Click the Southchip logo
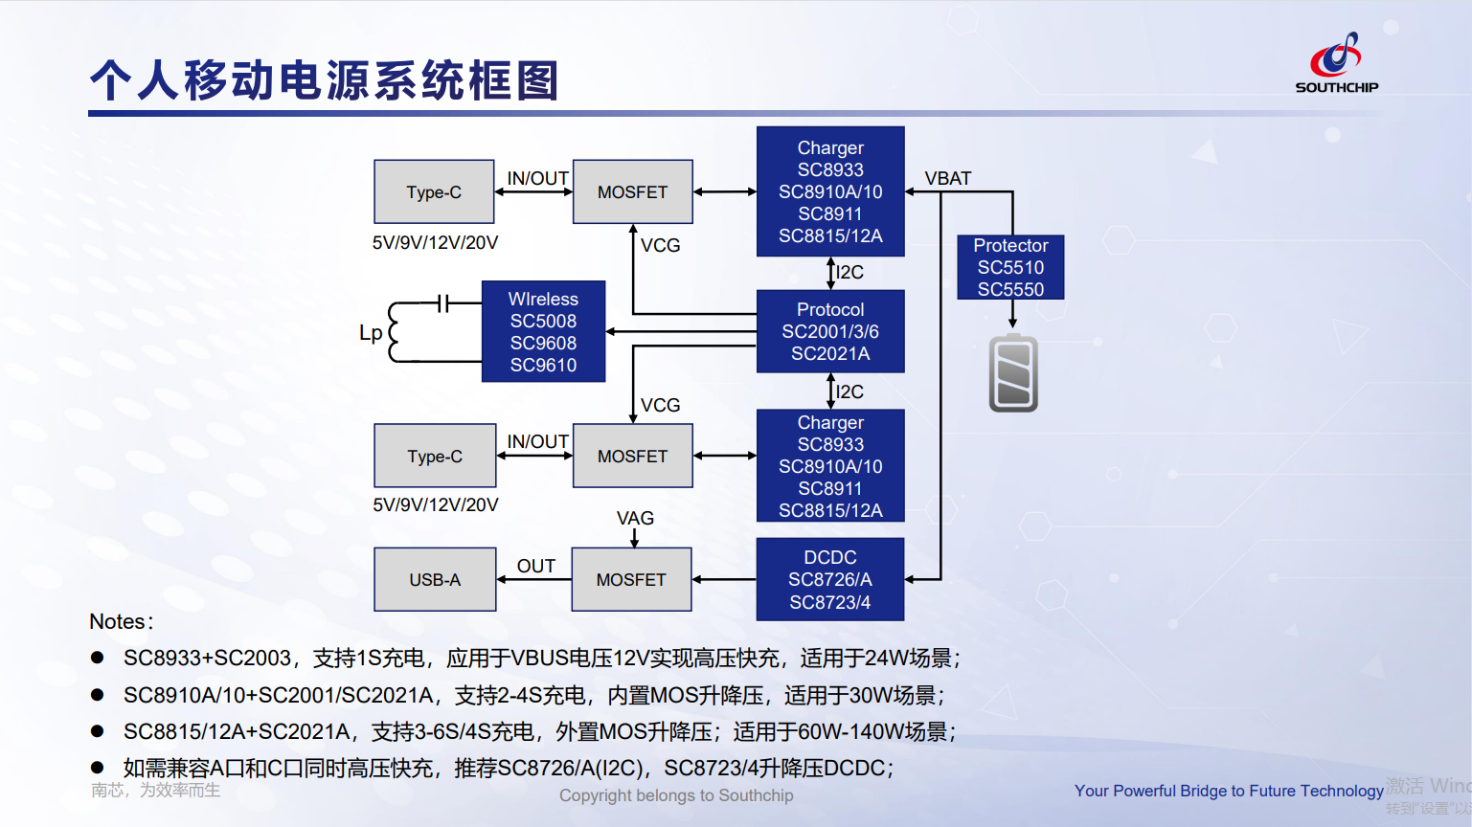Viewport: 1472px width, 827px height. (x=1337, y=62)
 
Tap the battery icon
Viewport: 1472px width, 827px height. (x=1013, y=373)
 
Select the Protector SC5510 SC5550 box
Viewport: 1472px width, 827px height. (x=1010, y=267)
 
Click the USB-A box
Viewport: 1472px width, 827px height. (x=435, y=579)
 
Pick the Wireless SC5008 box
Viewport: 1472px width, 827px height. (x=543, y=331)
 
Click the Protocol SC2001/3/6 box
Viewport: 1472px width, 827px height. (x=830, y=331)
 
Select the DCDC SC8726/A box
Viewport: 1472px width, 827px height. (x=830, y=579)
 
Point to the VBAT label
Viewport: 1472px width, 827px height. (x=947, y=178)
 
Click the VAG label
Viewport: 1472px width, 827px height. (x=635, y=518)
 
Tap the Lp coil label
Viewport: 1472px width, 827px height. (x=371, y=332)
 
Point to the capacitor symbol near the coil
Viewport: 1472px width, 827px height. (x=442, y=303)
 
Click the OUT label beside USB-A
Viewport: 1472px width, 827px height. (x=535, y=566)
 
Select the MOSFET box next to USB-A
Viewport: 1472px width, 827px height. (x=631, y=579)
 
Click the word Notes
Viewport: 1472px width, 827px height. (x=118, y=621)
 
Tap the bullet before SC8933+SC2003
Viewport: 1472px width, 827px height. (x=97, y=658)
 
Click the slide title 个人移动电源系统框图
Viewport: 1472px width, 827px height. (x=324, y=79)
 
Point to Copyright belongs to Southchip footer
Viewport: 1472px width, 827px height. (x=676, y=795)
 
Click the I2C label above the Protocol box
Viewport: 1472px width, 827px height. (x=849, y=272)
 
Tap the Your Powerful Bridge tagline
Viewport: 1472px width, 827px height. (x=1228, y=791)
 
